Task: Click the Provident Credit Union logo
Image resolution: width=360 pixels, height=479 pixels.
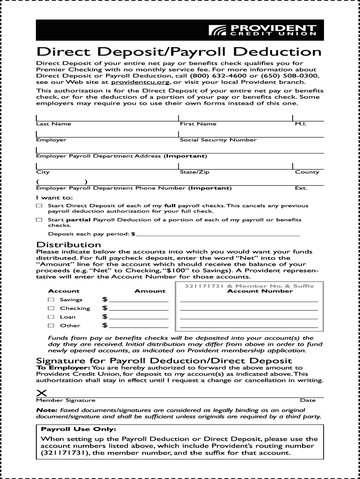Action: pos(262,30)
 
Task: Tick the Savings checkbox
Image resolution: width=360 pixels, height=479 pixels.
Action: pos(51,299)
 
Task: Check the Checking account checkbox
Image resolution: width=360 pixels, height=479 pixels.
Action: pos(51,308)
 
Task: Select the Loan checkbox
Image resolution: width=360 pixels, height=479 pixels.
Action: pos(51,317)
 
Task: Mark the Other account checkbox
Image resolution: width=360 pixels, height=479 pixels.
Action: pos(51,326)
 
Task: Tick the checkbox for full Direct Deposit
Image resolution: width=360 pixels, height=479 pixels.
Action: pos(39,206)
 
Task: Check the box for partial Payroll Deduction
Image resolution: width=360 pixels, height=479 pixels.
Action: pos(39,219)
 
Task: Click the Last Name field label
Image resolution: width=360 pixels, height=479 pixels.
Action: pos(54,124)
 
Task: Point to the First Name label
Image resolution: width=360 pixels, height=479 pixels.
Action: pos(198,124)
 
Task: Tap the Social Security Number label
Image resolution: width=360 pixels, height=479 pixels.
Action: pos(218,140)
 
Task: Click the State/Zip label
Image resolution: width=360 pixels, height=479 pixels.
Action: pos(194,172)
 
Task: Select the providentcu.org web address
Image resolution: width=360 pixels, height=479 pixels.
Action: pos(140,82)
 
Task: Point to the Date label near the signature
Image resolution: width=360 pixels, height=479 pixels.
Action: pos(308,400)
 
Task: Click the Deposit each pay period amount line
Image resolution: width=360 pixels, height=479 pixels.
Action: pos(218,234)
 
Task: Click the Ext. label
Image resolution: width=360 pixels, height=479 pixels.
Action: pos(301,188)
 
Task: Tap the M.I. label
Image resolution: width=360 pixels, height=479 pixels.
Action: pos(301,124)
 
